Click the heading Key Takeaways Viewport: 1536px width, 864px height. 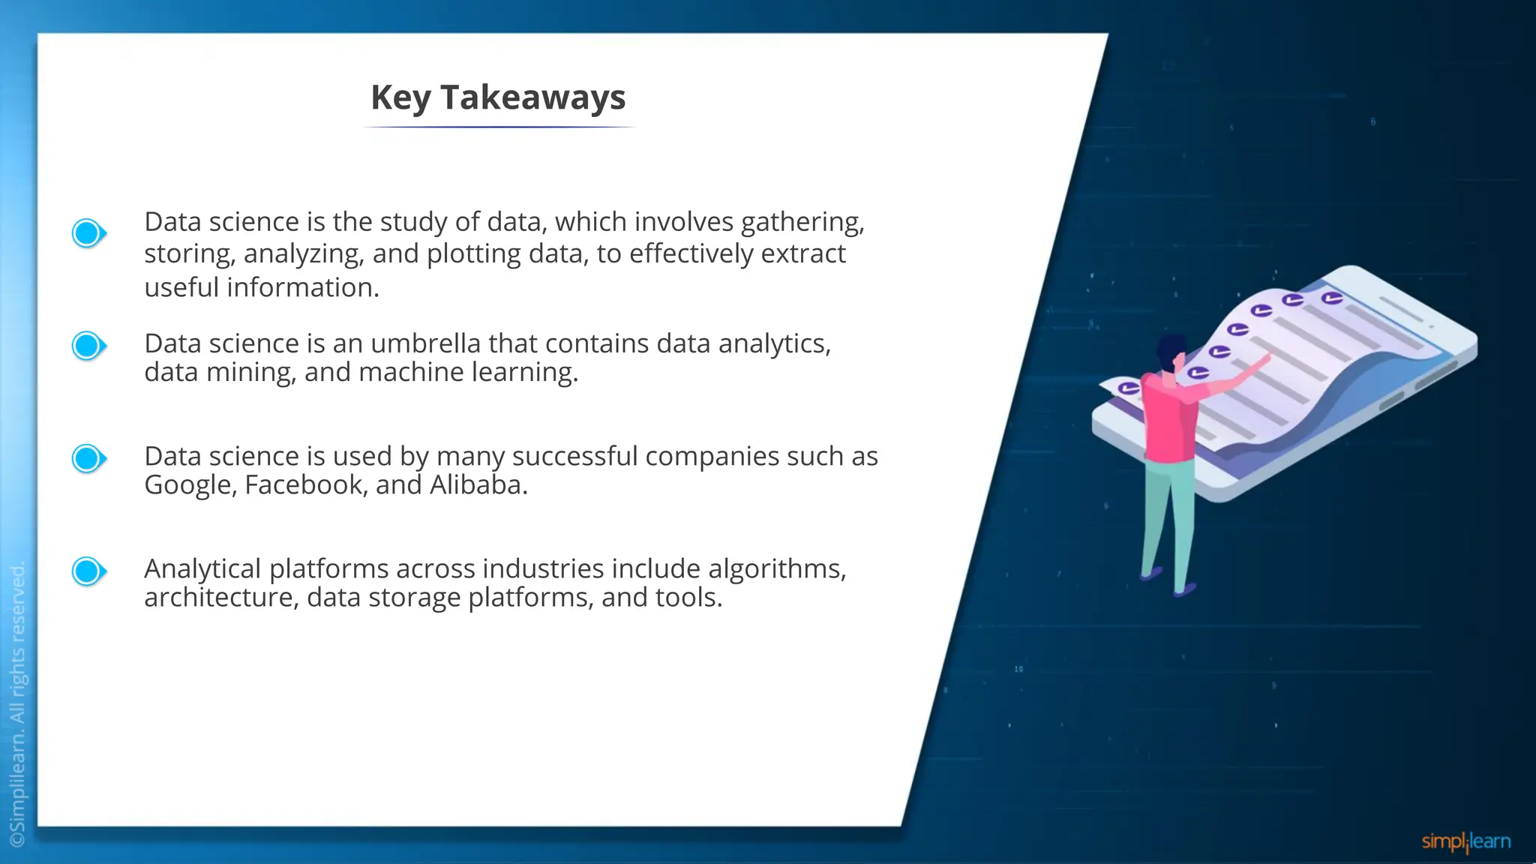498,97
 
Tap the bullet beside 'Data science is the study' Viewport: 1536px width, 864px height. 88,233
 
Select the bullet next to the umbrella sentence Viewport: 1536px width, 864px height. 88,346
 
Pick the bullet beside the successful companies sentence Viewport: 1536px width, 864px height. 88,458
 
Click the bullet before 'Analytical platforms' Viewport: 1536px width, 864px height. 88,571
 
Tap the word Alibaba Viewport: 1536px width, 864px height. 478,485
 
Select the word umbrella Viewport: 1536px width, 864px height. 425,343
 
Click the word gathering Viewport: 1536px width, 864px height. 802,223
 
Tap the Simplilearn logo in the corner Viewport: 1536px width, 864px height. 1465,841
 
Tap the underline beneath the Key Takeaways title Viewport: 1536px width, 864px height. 499,127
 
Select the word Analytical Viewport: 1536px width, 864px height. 202,569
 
